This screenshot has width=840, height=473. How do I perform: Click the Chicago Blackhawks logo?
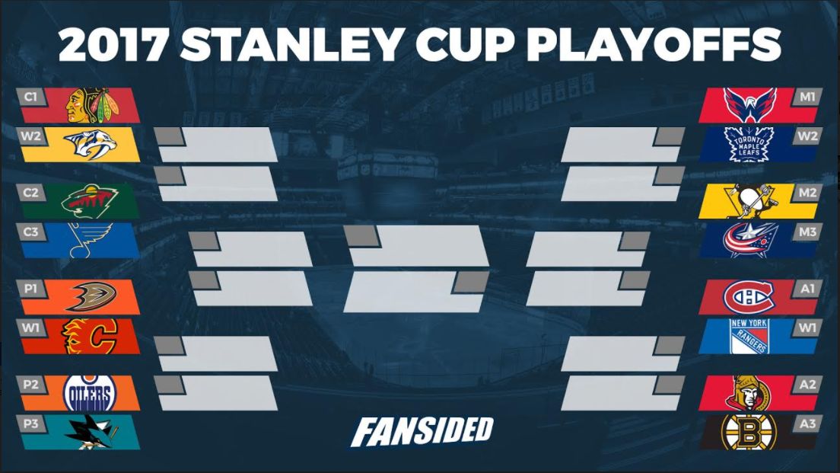point(92,105)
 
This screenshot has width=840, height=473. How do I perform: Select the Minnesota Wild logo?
point(90,201)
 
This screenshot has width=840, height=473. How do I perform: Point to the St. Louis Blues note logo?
point(90,240)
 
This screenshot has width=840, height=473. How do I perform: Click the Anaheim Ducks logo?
point(91,296)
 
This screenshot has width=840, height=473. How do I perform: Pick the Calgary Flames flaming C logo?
point(90,336)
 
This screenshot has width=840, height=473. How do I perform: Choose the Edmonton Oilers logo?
point(90,393)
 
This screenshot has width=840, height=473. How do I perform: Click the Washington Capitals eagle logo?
point(750,104)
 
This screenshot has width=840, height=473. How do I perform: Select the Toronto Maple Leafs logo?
point(749,144)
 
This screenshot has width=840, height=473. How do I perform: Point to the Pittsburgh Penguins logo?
point(749,201)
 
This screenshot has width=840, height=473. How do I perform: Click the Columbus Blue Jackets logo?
point(750,240)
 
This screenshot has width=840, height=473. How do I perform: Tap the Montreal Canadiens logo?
point(749,296)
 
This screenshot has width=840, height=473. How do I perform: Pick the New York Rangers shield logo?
point(749,336)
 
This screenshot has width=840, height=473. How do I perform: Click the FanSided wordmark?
point(422,432)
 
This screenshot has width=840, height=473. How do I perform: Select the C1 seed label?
point(30,97)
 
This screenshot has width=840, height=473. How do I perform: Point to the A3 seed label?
point(807,423)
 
